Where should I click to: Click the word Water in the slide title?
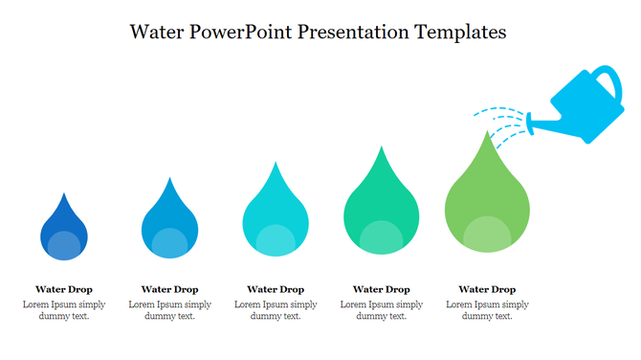click(x=158, y=32)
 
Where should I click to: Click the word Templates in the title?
click(x=461, y=32)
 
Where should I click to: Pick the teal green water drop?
click(x=382, y=206)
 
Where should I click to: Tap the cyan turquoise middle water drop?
click(x=276, y=213)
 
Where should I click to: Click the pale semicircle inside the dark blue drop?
click(x=64, y=247)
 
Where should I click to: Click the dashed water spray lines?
click(x=502, y=120)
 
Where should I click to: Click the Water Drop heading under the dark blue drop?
click(x=64, y=288)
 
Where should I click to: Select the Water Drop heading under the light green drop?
click(x=487, y=288)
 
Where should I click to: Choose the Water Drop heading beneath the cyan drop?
click(x=276, y=288)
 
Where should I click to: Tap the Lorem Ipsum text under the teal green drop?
click(x=382, y=309)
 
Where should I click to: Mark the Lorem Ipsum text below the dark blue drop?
click(x=64, y=309)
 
